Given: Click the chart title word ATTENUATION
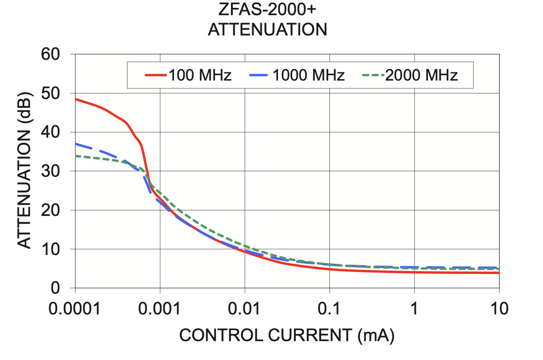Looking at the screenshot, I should click(x=267, y=30).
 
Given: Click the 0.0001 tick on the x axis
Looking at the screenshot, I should click(x=75, y=308).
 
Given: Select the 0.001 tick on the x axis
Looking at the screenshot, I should click(x=160, y=308).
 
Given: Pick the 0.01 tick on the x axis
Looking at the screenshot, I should click(x=245, y=308).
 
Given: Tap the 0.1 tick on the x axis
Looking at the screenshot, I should click(x=329, y=308).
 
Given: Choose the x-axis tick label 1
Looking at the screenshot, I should click(x=415, y=308).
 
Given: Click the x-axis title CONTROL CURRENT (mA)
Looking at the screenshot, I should click(x=287, y=336).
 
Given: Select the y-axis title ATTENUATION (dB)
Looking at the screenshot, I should click(x=25, y=171).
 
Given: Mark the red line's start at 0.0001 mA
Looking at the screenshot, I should click(x=75, y=99).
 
